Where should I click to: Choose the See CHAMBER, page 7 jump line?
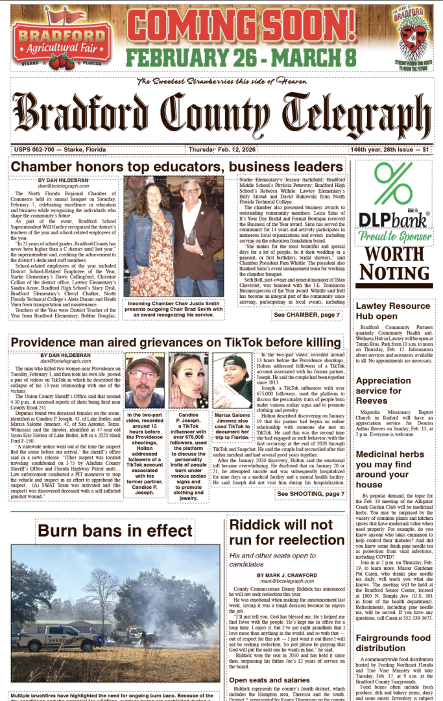306,315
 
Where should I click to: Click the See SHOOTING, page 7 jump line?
311,494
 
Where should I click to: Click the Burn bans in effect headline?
115,530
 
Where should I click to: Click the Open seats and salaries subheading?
270,680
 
